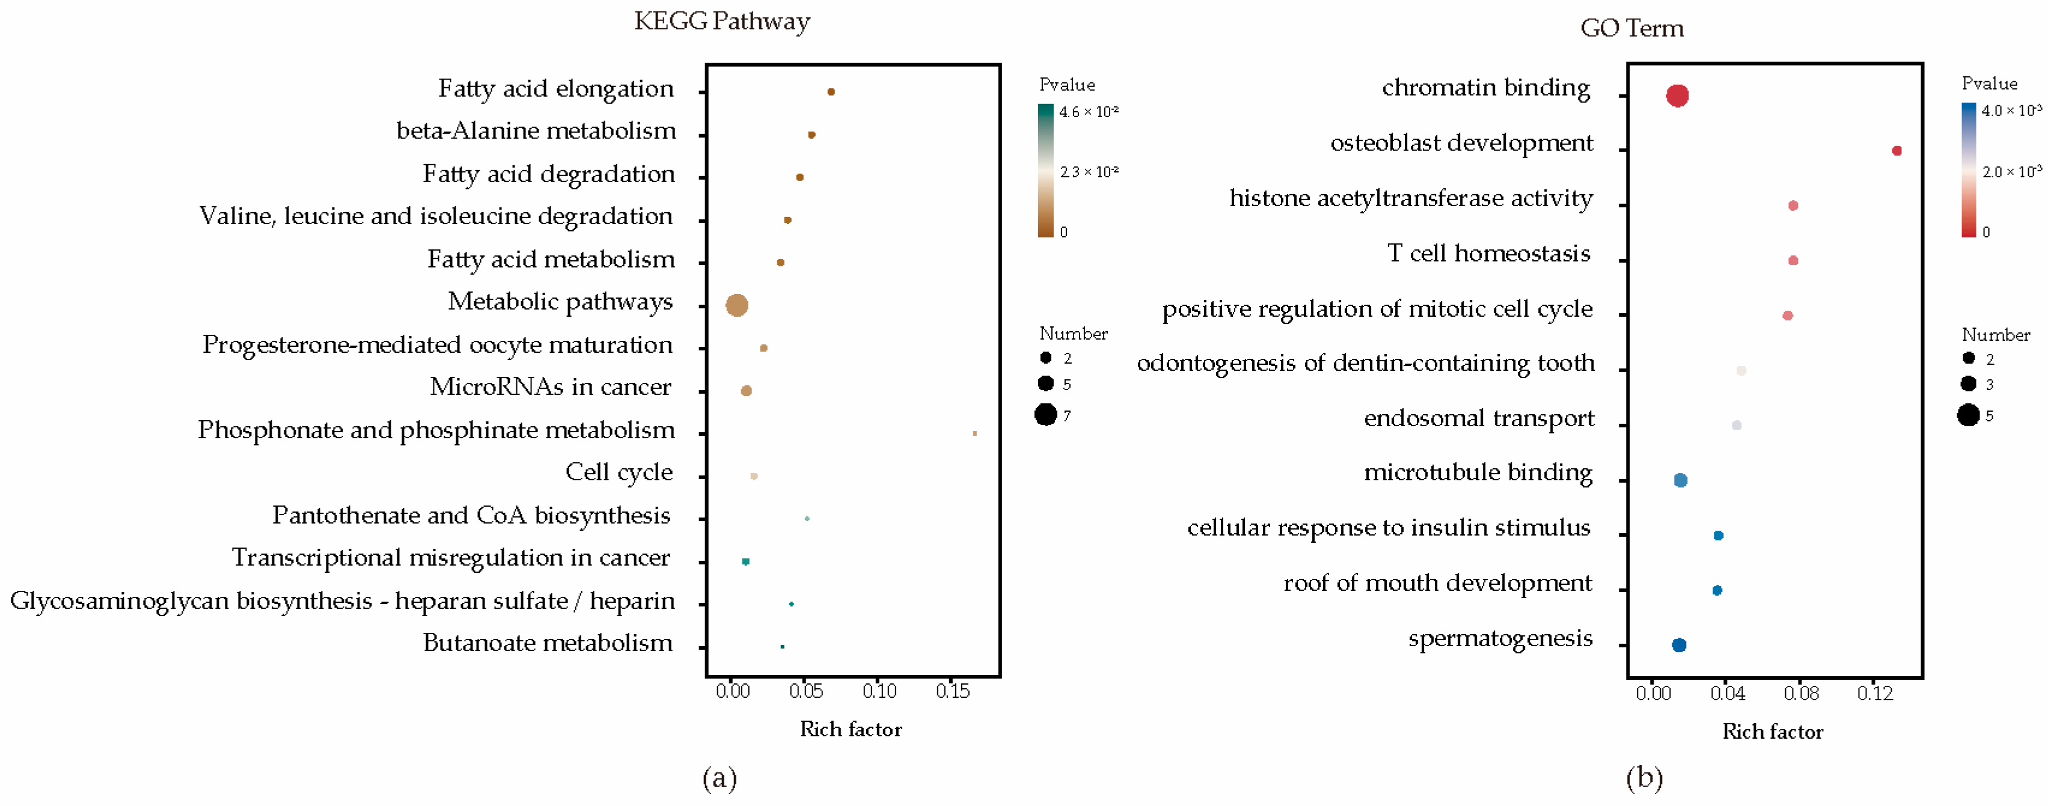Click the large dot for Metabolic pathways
[x=737, y=305]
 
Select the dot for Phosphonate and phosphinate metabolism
[x=974, y=433]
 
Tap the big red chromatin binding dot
[x=1677, y=96]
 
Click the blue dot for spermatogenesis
[x=1678, y=644]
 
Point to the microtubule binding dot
[x=1680, y=480]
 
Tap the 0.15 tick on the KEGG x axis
[x=952, y=691]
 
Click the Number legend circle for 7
[x=1045, y=415]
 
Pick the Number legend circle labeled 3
[x=1968, y=384]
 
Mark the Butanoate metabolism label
[x=547, y=643]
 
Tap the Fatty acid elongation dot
[x=831, y=92]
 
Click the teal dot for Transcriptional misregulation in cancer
[x=745, y=561]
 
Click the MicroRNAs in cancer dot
[x=747, y=391]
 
